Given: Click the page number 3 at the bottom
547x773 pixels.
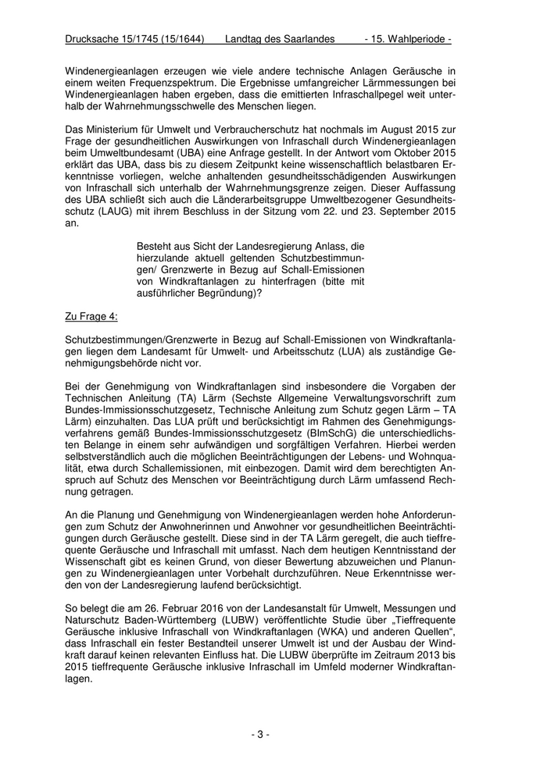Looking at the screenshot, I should pos(260,734).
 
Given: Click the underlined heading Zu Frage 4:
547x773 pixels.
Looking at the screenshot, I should pos(91,316).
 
